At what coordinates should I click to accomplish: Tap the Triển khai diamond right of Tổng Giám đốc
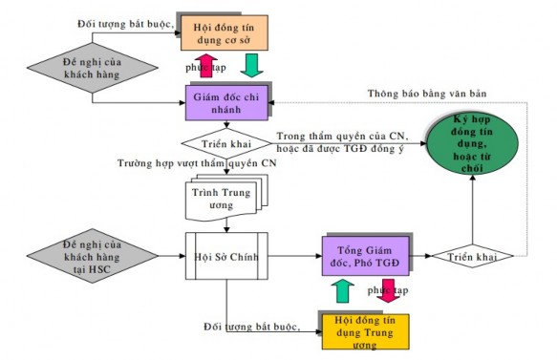(471, 257)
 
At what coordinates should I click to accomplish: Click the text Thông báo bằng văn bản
(429, 93)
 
